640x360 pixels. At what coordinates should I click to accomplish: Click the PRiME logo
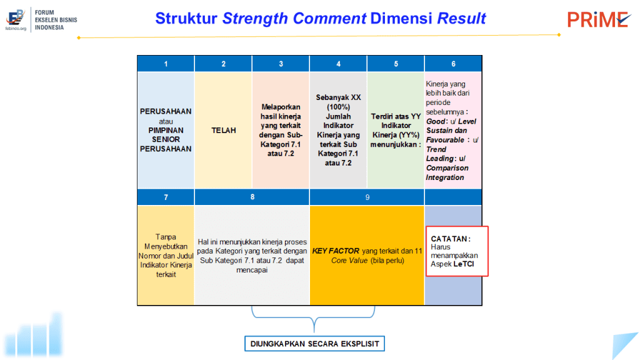(598, 19)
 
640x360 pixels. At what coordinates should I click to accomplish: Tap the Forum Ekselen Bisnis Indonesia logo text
(56, 20)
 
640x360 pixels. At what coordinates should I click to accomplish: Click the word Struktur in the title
(186, 18)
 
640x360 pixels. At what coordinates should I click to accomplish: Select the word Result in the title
(461, 18)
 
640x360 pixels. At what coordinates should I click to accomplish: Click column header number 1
(166, 64)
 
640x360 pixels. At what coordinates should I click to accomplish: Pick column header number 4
(338, 64)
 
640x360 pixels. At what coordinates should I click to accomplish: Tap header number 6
(453, 64)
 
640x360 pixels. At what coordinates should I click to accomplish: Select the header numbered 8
(252, 197)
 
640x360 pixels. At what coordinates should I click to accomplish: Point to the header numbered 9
(367, 197)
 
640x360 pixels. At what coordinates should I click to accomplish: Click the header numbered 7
(166, 197)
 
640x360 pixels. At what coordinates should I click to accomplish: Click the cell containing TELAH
(223, 130)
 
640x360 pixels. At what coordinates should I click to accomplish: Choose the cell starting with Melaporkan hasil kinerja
(281, 130)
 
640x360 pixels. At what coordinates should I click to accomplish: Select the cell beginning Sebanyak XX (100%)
(338, 130)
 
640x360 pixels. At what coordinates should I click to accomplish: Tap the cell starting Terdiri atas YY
(396, 130)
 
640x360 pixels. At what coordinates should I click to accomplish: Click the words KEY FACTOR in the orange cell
(336, 251)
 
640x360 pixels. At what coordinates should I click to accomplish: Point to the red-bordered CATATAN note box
(457, 251)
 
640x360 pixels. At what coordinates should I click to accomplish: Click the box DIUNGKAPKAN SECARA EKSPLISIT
(315, 344)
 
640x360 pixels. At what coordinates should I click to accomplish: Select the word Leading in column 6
(439, 158)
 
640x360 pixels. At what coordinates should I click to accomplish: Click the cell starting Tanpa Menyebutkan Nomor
(166, 256)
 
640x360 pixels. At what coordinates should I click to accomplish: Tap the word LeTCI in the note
(464, 264)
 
